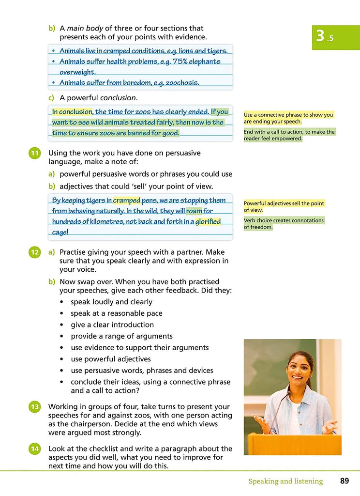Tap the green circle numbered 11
tap(34, 154)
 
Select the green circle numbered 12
tap(34, 252)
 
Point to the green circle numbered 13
tap(34, 407)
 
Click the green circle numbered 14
tap(34, 449)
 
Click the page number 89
tap(344, 481)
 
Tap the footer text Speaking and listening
tap(285, 481)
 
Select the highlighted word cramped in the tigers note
tap(127, 201)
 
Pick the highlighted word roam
tap(194, 211)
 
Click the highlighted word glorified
tap(208, 222)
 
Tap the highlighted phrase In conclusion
tap(72, 112)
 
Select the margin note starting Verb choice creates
tap(284, 223)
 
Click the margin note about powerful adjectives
tap(284, 206)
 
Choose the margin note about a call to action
tap(289, 135)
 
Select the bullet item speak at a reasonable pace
tap(116, 313)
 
